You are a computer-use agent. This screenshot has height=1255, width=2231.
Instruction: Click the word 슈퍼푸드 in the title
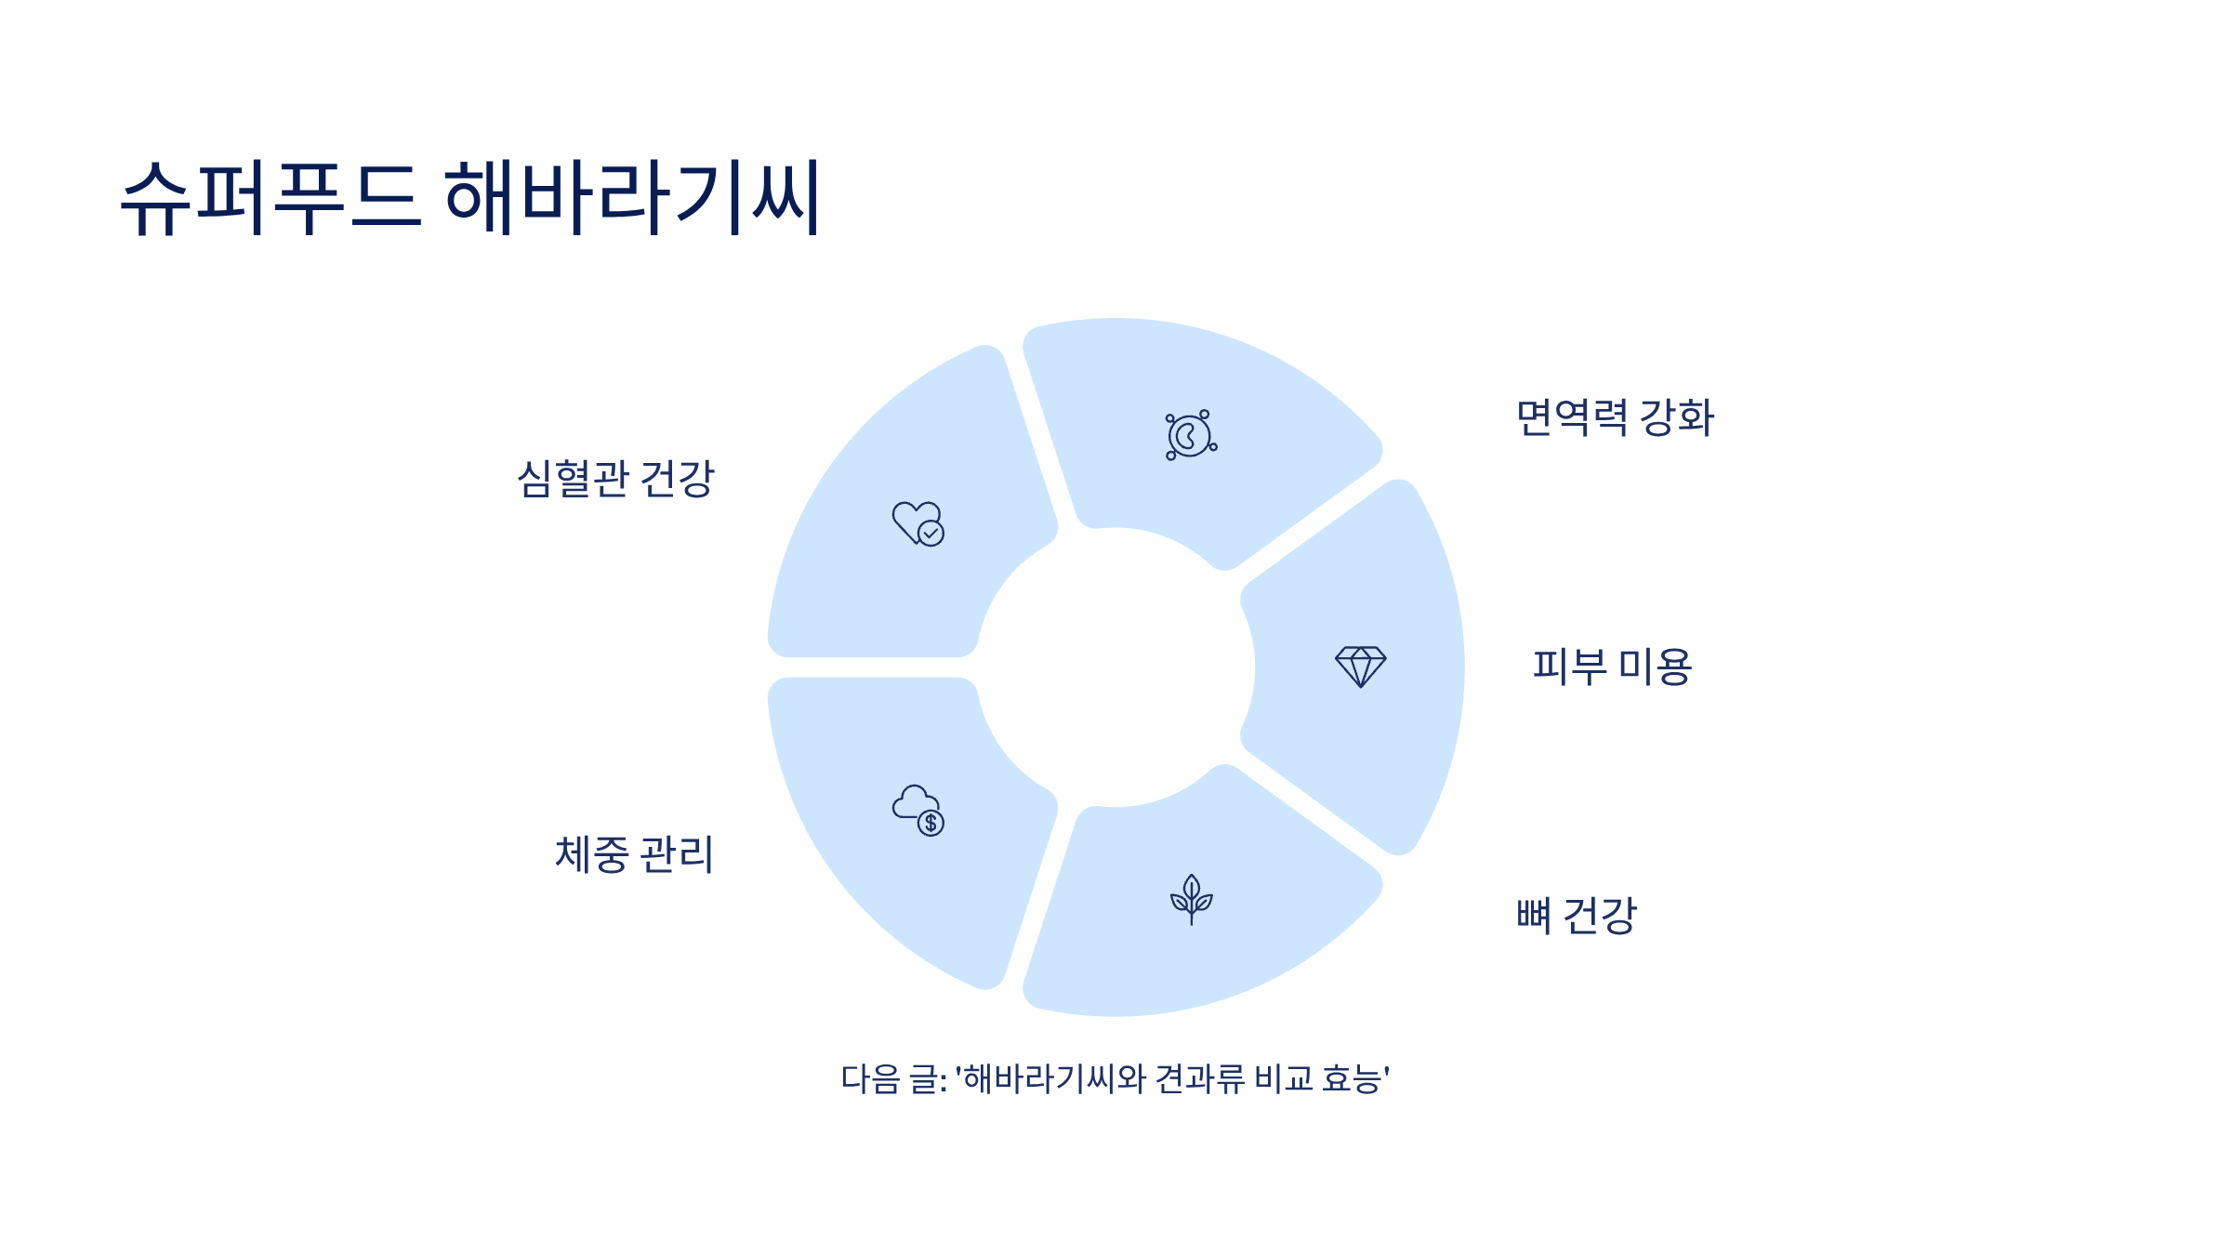(271, 197)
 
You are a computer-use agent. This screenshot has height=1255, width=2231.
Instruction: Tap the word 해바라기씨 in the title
(632, 197)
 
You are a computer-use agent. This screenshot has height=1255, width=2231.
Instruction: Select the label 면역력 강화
(1615, 417)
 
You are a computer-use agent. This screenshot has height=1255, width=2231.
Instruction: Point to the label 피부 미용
(1612, 667)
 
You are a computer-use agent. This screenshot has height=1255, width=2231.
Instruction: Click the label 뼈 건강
(1576, 916)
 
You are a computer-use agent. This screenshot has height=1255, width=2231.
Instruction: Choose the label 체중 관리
(634, 854)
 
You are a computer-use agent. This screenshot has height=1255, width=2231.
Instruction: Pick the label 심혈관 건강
(615, 479)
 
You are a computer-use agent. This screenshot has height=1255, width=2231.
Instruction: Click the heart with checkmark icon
(917, 523)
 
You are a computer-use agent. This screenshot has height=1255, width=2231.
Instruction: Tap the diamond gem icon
(1360, 667)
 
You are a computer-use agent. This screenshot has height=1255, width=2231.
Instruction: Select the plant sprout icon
(1191, 899)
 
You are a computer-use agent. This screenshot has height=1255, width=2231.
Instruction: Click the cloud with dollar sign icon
(917, 810)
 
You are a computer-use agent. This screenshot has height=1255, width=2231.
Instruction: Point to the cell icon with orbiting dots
(1190, 435)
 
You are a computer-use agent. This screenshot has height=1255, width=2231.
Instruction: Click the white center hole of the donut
(1115, 667)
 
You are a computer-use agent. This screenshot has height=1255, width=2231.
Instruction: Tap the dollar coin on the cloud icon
(931, 823)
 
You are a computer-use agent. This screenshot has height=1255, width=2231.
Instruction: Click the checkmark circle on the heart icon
(931, 533)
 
